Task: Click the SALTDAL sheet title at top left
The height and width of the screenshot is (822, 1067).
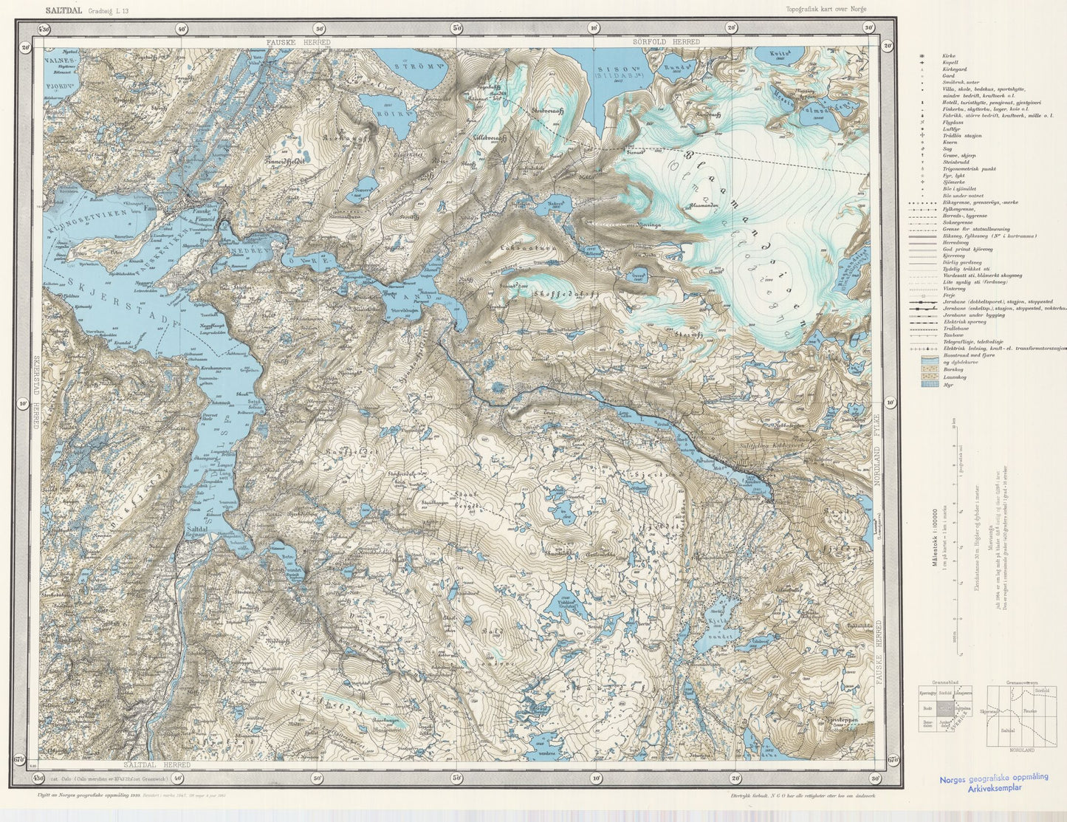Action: [65, 10]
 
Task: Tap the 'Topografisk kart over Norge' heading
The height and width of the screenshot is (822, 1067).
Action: [826, 8]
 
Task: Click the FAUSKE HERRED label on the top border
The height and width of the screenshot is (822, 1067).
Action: [298, 43]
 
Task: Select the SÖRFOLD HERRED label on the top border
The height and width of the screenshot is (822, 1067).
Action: [666, 43]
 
